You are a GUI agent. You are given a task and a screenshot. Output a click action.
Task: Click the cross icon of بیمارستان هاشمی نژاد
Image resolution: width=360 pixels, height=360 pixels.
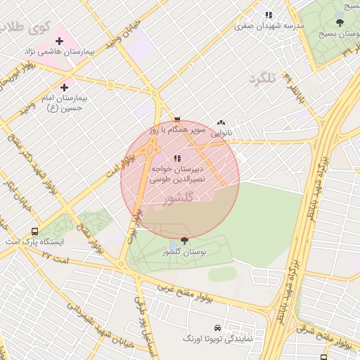pos(59,41)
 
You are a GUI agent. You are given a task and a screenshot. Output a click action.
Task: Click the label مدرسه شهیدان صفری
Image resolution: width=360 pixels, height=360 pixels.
pos(270,25)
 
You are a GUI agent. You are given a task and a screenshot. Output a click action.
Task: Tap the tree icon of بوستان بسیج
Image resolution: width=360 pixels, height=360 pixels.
pos(340,22)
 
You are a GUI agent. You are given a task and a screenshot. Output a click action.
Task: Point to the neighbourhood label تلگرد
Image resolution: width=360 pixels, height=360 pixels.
pos(262,77)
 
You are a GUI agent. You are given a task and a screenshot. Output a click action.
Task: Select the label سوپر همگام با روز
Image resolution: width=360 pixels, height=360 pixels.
pos(176,130)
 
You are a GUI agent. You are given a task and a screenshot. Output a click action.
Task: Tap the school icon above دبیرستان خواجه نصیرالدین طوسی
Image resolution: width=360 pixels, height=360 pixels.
pos(177,158)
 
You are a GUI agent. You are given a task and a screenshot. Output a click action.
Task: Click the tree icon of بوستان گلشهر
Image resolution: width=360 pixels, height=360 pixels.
pos(184,240)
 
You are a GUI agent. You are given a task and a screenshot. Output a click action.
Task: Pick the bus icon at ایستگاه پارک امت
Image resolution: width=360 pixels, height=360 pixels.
pos(34,231)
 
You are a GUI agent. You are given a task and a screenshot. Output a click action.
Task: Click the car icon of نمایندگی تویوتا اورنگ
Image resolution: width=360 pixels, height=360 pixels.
pos(217,328)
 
